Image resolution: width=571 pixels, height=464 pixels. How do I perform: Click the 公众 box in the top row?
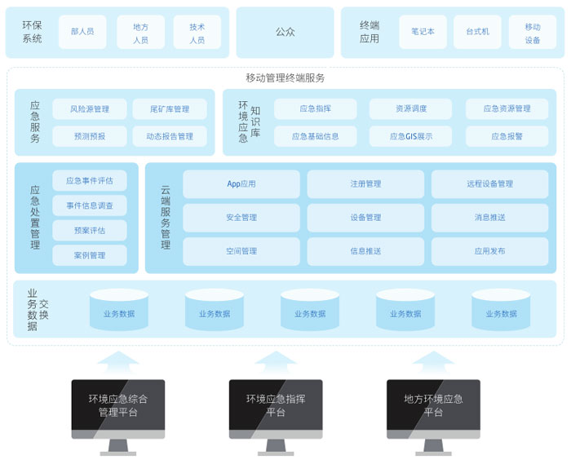pyautogui.click(x=285, y=32)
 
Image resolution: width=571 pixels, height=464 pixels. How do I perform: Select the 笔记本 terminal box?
pyautogui.click(x=423, y=32)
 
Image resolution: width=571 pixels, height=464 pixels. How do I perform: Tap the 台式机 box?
pyautogui.click(x=477, y=32)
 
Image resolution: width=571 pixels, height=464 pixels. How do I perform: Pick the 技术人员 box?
pyautogui.click(x=197, y=32)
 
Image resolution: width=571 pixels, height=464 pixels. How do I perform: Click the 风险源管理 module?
pyautogui.click(x=90, y=108)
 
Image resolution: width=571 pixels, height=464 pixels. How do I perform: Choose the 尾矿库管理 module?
pyautogui.click(x=170, y=108)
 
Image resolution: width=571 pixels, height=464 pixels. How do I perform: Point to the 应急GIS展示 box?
pyautogui.click(x=411, y=136)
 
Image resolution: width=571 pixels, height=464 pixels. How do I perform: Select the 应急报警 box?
pyautogui.click(x=507, y=136)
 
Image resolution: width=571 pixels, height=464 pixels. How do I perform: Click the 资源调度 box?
pyautogui.click(x=411, y=108)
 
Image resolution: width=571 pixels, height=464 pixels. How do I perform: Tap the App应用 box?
pyautogui.click(x=241, y=184)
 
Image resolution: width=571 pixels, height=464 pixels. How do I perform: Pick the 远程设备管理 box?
pyautogui.click(x=489, y=184)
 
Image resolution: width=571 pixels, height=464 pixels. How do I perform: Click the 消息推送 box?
pyautogui.click(x=489, y=218)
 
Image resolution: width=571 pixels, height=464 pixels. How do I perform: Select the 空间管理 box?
pyautogui.click(x=241, y=251)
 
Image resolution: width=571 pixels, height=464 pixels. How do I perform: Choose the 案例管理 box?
pyautogui.click(x=90, y=255)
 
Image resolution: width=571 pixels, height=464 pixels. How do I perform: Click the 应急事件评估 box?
pyautogui.click(x=90, y=180)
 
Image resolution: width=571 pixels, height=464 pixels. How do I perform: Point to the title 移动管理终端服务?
pyautogui.click(x=285, y=78)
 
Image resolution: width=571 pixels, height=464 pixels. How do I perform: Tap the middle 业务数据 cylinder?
pyautogui.click(x=310, y=310)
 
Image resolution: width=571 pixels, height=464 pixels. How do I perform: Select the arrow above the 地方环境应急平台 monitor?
pyautogui.click(x=433, y=362)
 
